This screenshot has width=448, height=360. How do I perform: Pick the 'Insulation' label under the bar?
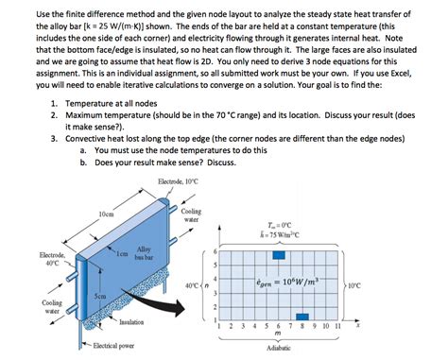[131, 321]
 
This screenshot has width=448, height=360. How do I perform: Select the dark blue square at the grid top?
[279, 255]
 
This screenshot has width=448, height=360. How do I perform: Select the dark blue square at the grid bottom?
[302, 317]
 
